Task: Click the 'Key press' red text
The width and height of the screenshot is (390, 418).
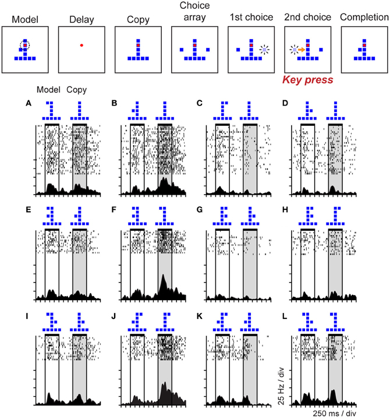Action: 307,80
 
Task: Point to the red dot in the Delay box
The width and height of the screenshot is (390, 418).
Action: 81,45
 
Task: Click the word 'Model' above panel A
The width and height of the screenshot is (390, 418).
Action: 48,90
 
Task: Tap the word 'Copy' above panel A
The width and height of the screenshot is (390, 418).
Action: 77,90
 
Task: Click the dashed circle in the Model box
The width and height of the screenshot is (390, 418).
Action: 24,45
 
